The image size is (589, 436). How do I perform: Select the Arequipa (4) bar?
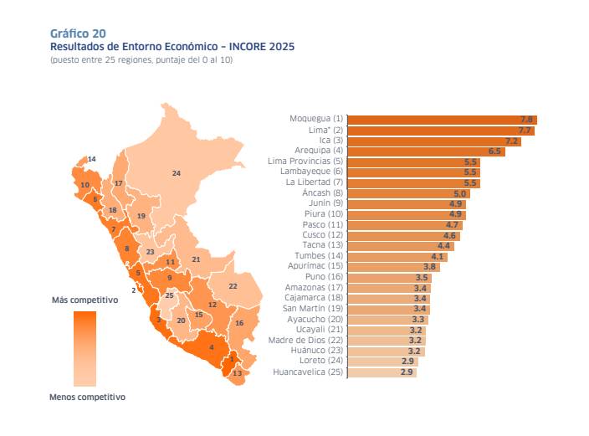coord(425,151)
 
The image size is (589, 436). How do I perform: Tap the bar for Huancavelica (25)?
coord(381,372)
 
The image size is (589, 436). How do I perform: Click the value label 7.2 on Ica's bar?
coord(512,141)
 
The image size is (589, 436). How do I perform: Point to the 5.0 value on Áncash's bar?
coord(460,193)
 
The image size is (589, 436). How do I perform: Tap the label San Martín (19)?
coord(312,309)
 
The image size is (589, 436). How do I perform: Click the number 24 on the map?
coord(176,173)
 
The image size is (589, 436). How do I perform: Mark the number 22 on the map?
coord(233,286)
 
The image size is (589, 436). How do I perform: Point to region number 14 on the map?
coord(91,159)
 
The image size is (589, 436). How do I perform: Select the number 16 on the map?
coord(239,323)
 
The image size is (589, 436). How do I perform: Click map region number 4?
coord(212,347)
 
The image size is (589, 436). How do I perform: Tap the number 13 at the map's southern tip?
coord(237,373)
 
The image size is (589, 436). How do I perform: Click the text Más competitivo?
coord(85,299)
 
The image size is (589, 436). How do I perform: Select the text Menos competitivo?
coord(88,398)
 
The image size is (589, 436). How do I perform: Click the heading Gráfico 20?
coord(78,33)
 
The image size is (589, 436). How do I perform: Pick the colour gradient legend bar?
coord(85,347)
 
